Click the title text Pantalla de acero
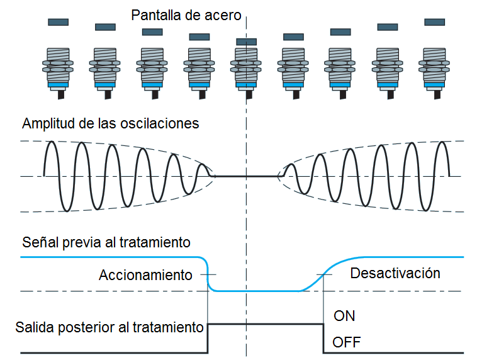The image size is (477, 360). click(186, 14)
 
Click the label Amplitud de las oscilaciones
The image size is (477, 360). click(110, 123)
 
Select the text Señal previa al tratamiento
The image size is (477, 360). click(106, 242)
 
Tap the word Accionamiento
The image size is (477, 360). click(145, 275)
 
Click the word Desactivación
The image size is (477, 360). click(395, 273)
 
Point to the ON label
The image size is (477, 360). click(344, 316)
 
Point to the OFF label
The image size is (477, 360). click(347, 343)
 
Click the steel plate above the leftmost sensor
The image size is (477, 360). click(58, 22)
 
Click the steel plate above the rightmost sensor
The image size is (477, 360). click(434, 22)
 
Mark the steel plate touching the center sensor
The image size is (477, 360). click(246, 42)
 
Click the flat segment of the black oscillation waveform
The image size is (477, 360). click(247, 177)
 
